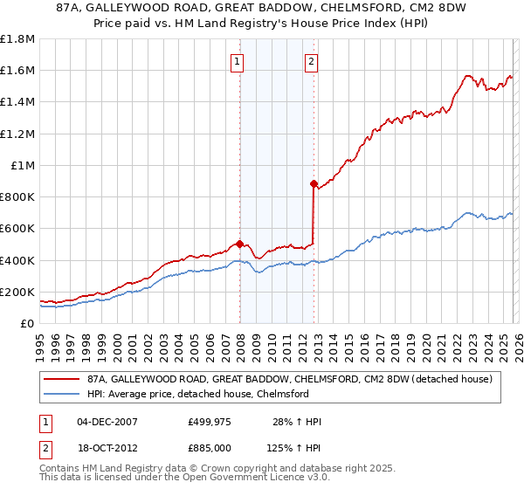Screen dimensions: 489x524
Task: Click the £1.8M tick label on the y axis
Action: coord(17,39)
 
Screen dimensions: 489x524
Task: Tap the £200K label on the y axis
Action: coord(17,292)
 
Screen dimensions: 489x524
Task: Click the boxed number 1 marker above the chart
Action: coord(238,61)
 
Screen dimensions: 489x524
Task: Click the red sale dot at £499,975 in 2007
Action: coord(239,244)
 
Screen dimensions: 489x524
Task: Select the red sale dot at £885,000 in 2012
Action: coord(314,183)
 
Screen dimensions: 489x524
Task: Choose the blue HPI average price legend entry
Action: coord(197,394)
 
